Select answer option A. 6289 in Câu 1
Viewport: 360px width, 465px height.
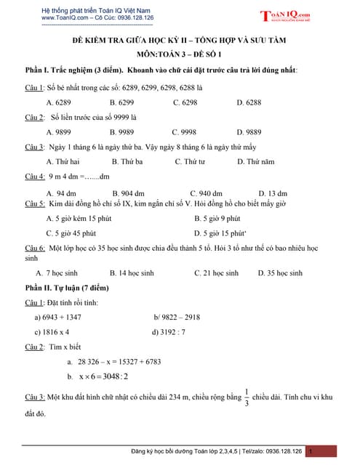[58, 102]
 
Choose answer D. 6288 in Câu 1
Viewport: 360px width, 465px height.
[249, 102]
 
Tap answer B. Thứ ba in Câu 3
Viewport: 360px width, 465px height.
[127, 162]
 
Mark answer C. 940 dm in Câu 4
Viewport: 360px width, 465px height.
[206, 193]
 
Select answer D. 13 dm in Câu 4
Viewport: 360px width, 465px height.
[273, 193]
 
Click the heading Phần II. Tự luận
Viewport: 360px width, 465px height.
[66, 288]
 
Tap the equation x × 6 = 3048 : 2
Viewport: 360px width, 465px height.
[97, 376]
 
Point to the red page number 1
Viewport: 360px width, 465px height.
[311, 451]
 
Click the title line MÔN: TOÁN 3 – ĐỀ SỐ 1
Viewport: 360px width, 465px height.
[180, 54]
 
